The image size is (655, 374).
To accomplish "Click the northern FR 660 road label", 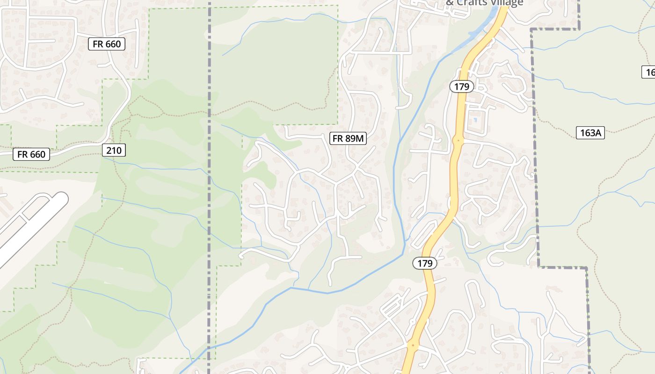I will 107,44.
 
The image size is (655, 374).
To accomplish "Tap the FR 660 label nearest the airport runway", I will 31,154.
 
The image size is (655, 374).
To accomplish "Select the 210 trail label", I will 114,150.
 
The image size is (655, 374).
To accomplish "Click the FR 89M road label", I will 348,138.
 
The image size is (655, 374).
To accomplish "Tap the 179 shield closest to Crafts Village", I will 462,86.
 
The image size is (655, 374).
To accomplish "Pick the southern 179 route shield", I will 425,263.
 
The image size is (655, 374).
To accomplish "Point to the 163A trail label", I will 590,133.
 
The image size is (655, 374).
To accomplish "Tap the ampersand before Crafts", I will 450,3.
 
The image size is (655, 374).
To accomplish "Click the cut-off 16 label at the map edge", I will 649,72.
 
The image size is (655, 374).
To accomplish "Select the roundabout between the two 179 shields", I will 458,140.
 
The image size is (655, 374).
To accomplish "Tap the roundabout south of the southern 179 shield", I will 413,346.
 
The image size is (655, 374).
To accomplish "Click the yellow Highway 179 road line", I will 453,187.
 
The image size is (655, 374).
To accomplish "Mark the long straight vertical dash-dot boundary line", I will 209,187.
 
